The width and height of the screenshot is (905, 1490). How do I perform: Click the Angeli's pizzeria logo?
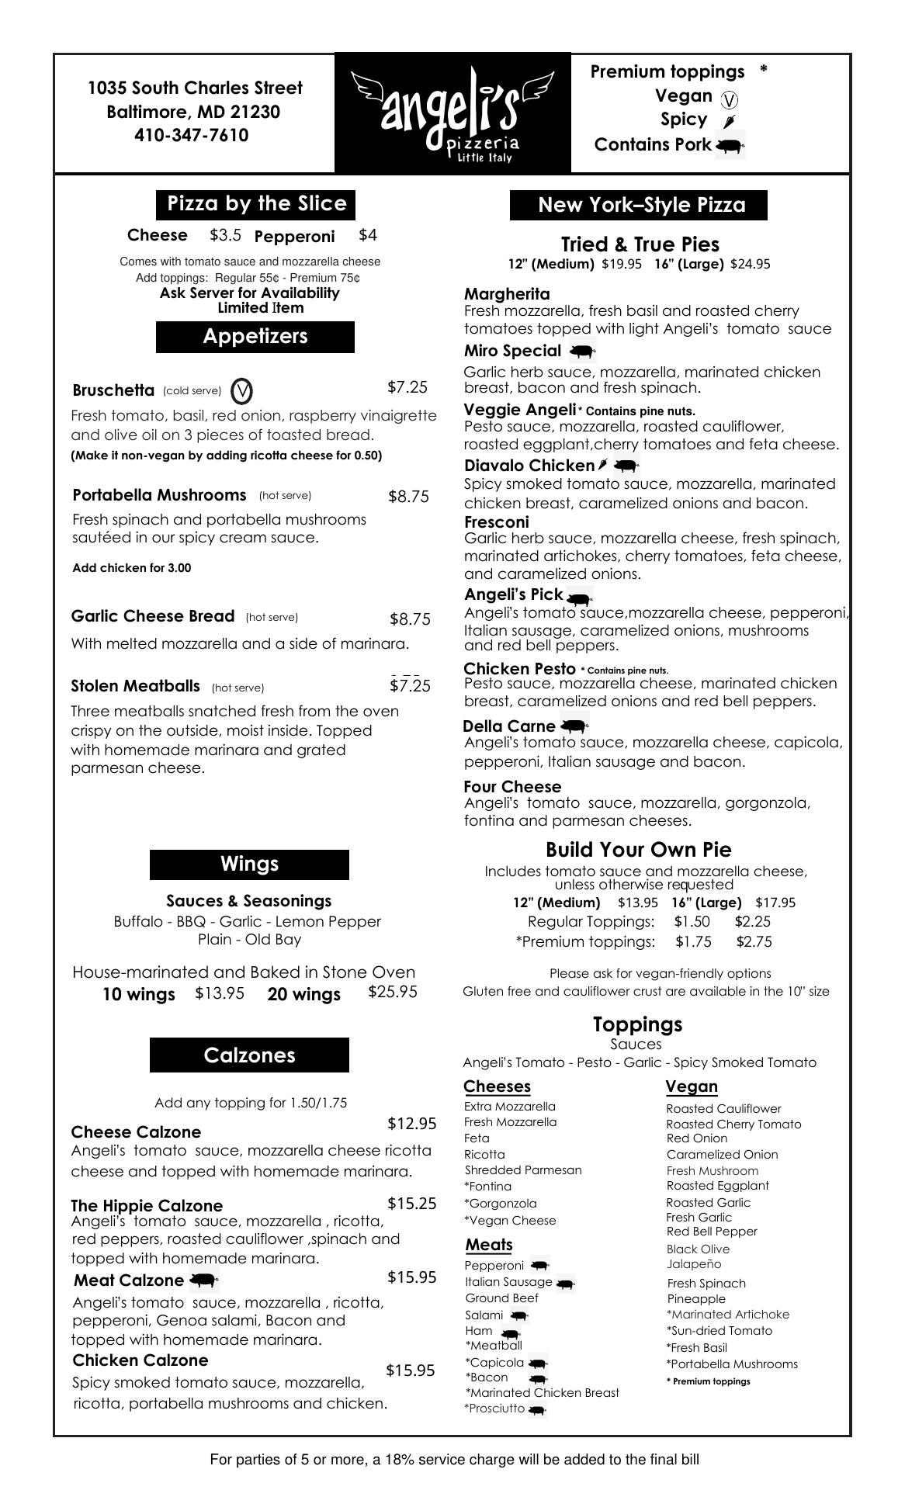pyautogui.click(x=452, y=113)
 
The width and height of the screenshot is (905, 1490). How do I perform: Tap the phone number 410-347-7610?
pyautogui.click(x=192, y=136)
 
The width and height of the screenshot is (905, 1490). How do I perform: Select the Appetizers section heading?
pyautogui.click(x=255, y=337)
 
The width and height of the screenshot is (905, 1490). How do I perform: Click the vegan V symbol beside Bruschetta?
pyautogui.click(x=242, y=391)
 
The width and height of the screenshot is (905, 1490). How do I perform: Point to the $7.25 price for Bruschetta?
pyautogui.click(x=407, y=387)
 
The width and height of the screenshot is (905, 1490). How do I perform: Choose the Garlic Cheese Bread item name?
pyautogui.click(x=153, y=616)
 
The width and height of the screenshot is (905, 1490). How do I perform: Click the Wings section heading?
pyautogui.click(x=249, y=865)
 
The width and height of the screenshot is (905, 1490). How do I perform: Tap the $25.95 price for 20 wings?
pyautogui.click(x=393, y=992)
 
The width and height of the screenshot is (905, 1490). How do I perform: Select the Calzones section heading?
pyautogui.click(x=249, y=1055)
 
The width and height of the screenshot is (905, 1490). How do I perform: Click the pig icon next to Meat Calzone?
pyautogui.click(x=203, y=1280)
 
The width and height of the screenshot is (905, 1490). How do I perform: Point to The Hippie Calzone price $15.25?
pyautogui.click(x=411, y=1204)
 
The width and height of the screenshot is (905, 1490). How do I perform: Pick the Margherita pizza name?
pyautogui.click(x=507, y=294)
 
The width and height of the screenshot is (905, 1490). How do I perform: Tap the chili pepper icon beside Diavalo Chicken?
pyautogui.click(x=603, y=466)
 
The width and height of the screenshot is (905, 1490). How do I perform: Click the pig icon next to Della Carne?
pyautogui.click(x=574, y=727)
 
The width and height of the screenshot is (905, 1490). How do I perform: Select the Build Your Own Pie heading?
pyautogui.click(x=638, y=850)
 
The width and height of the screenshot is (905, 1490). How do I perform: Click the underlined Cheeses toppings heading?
pyautogui.click(x=497, y=1086)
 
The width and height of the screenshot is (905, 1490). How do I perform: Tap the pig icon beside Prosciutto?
pyautogui.click(x=537, y=1409)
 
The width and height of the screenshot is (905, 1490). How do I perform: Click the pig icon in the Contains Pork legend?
pyautogui.click(x=729, y=145)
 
